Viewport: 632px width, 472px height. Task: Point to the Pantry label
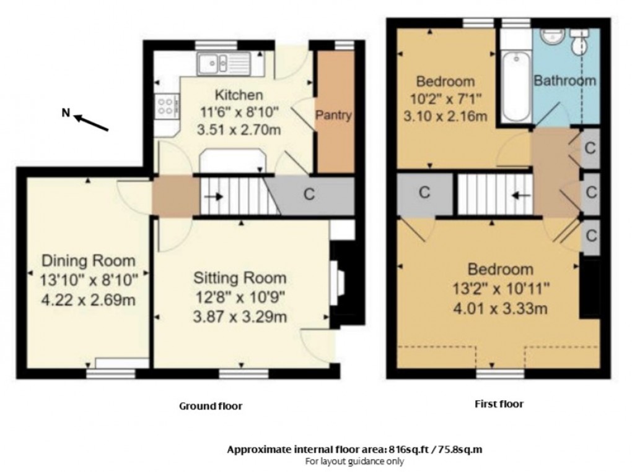[x=334, y=115]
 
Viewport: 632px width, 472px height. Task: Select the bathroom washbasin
[x=550, y=37]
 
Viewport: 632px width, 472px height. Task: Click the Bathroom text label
[x=564, y=80]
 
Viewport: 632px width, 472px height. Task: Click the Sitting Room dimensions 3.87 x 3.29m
[x=240, y=318]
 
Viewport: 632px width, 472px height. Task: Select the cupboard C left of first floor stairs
[x=424, y=192]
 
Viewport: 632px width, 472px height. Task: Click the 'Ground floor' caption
[x=210, y=406]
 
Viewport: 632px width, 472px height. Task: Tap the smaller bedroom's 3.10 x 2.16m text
[x=444, y=116]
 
